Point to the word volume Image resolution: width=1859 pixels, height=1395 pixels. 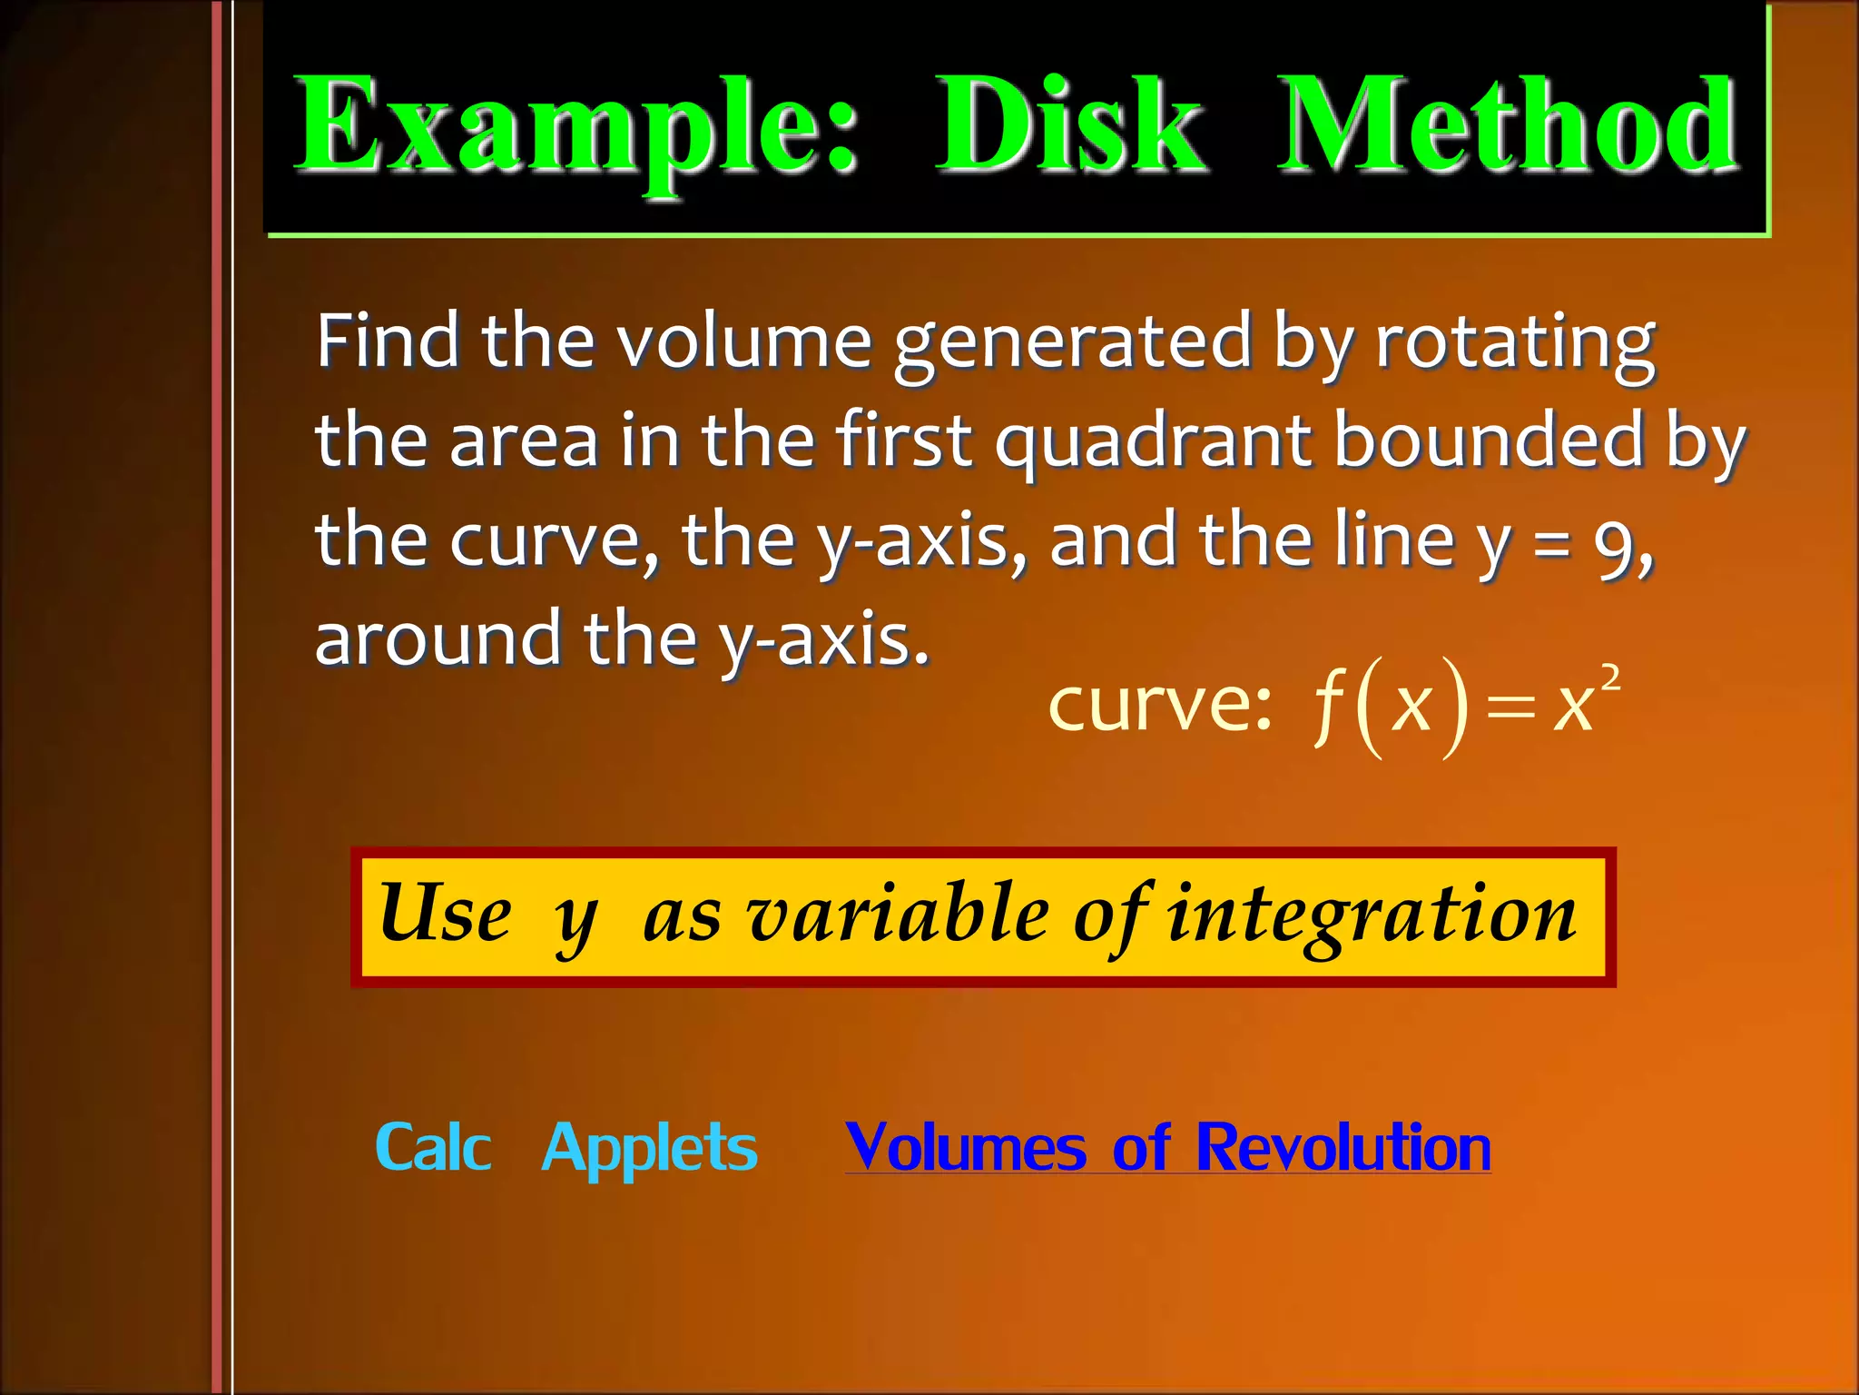744,341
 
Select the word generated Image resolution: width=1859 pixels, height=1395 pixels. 1071,343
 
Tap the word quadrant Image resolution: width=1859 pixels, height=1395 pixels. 1153,443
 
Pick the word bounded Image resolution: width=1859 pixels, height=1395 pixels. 1489,441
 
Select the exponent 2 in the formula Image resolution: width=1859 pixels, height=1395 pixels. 1610,678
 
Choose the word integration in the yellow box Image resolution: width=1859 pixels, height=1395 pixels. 1371,915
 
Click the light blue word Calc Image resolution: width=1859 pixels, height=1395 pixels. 433,1148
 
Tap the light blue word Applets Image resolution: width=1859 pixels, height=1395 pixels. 649,1150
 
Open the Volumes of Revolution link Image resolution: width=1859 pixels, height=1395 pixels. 1167,1148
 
